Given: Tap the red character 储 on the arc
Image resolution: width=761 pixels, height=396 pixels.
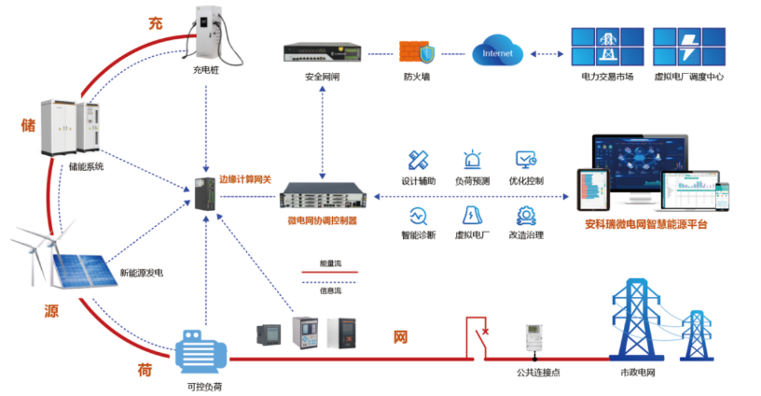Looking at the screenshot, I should tap(29, 123).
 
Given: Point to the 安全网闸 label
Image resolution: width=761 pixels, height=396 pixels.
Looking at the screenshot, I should tap(322, 77).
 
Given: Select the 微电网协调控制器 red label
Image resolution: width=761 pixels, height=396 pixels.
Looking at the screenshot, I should tap(322, 220).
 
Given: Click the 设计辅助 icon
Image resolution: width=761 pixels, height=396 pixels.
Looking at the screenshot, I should tap(418, 160).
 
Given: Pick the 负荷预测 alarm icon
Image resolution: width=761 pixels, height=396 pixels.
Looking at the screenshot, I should tap(472, 160).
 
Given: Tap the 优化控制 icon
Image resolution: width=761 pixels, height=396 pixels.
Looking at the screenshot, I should tap(526, 160).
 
